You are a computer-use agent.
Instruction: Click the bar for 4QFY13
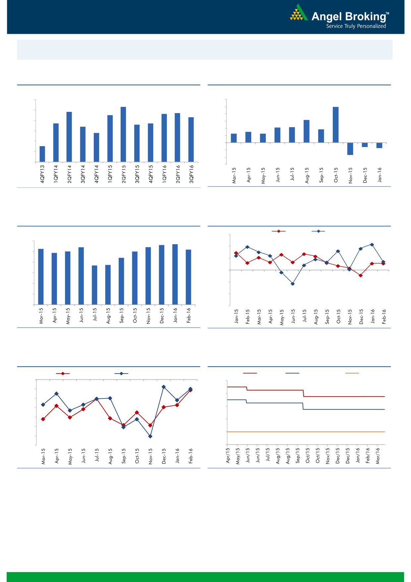pos(42,154)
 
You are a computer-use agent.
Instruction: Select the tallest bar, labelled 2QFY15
pos(123,134)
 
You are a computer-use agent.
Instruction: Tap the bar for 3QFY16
pos(191,139)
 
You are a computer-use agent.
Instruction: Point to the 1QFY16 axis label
pos(164,174)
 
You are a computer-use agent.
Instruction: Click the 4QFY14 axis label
pos(96,174)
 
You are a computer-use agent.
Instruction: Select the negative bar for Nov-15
pos(350,149)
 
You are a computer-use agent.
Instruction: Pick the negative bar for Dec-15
pos(365,145)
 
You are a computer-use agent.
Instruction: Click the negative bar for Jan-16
pos(379,145)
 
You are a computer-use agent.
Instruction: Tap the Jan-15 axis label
pos(236,316)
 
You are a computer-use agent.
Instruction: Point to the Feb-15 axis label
pos(248,317)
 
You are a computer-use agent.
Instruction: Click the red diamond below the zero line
pos(361,275)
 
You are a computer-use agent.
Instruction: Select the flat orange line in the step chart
pos(305,432)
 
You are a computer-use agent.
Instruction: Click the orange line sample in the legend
pos(352,373)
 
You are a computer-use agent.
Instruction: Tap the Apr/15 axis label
pos(228,455)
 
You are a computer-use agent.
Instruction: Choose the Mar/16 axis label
pos(378,456)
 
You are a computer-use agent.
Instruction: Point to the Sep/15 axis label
pos(298,455)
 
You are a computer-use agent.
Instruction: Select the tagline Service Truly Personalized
pos(356,26)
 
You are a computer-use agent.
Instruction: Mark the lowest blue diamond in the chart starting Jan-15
pos(293,284)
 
